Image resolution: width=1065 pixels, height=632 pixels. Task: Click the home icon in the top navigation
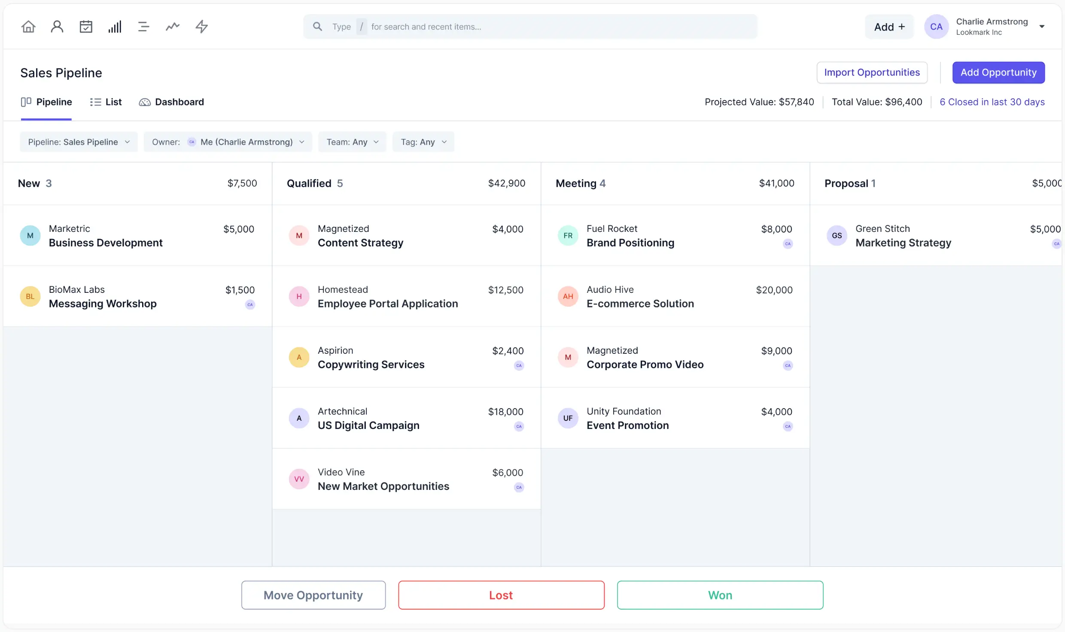point(28,27)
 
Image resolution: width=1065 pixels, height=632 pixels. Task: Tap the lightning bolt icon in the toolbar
point(201,27)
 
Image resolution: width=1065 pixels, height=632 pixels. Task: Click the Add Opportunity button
point(998,72)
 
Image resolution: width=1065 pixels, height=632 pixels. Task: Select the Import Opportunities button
point(871,72)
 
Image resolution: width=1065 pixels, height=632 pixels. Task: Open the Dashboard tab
point(171,102)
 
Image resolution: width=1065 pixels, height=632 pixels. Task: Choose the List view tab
point(106,102)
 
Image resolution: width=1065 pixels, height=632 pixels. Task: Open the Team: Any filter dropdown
point(352,142)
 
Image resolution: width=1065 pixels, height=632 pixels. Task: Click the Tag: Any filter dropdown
point(423,142)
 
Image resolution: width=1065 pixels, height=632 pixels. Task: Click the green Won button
point(720,595)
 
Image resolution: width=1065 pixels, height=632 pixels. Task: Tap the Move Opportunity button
point(313,595)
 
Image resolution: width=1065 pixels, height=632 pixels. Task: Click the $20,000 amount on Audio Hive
point(774,290)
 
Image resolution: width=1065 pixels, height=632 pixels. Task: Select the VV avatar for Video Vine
point(299,479)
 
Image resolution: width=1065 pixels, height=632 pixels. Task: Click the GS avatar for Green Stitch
point(837,235)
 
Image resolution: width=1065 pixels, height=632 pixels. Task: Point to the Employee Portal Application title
point(387,304)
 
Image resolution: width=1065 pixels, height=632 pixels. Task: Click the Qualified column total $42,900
point(506,183)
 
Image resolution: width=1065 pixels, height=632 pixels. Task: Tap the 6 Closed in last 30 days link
point(992,102)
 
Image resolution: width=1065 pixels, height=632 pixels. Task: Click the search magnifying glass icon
point(317,27)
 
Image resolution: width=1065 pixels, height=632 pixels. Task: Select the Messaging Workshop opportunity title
point(103,304)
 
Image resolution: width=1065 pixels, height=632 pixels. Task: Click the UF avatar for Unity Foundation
point(568,418)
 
